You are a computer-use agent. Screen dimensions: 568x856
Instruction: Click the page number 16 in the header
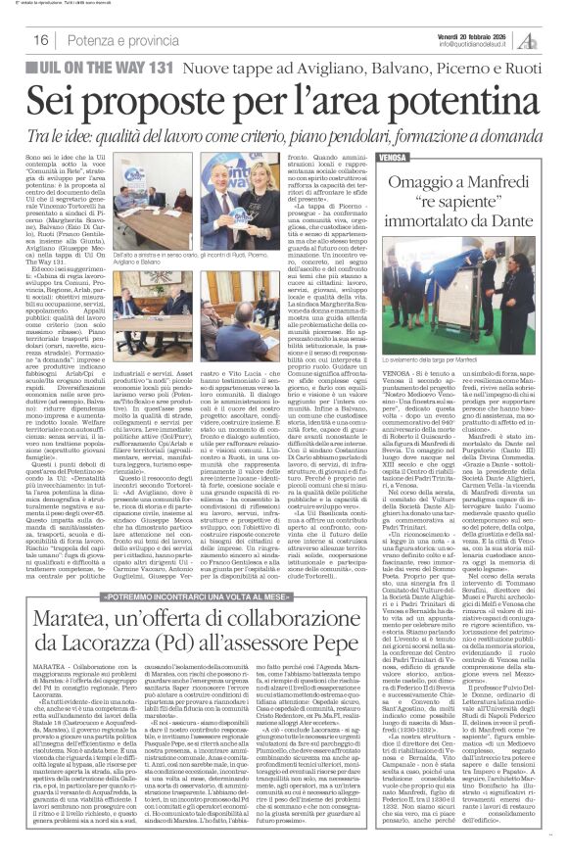[41, 39]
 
